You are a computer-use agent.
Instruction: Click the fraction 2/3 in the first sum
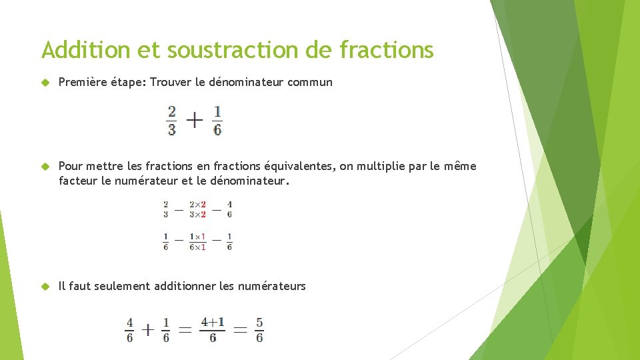(172, 121)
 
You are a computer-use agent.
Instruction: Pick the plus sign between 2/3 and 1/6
(194, 121)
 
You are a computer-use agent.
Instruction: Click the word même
(461, 166)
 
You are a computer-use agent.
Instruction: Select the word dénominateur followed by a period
(250, 180)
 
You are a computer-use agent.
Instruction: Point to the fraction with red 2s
(197, 209)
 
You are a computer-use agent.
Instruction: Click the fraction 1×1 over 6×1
(197, 241)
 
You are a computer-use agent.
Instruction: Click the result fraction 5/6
(259, 329)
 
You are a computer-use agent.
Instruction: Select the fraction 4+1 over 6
(213, 329)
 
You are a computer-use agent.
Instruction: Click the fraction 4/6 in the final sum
(129, 329)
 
